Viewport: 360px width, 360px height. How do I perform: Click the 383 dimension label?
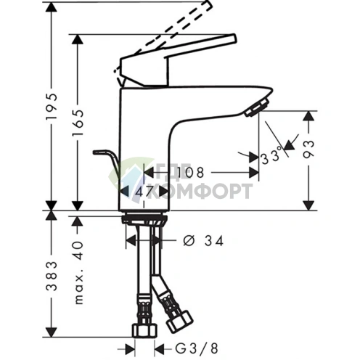point(52,277)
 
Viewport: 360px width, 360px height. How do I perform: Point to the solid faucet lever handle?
point(181,55)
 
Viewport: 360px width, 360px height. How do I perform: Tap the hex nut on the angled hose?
point(177,321)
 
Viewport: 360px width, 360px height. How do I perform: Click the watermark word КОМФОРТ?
point(210,192)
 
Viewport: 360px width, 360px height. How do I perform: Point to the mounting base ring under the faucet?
point(145,217)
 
